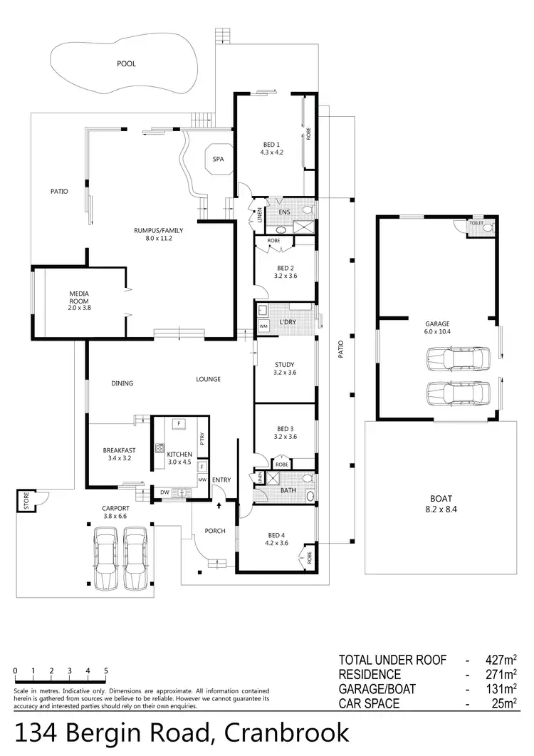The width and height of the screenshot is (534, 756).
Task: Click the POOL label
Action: tap(126, 63)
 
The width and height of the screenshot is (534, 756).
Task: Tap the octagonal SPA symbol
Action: tap(218, 160)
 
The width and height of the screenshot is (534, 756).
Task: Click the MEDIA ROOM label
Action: tap(78, 297)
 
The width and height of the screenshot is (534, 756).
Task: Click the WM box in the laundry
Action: tap(263, 326)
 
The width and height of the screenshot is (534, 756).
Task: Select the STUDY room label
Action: tap(285, 369)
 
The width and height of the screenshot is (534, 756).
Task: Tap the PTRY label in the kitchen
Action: tap(203, 440)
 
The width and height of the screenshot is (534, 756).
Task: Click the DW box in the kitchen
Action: tap(164, 492)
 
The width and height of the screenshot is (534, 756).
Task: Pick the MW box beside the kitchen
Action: tap(202, 480)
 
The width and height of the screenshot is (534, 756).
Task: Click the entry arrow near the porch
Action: tap(218, 505)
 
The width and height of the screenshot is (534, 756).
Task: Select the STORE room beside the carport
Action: tap(26, 501)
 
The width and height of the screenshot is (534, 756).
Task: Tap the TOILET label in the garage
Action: tap(476, 224)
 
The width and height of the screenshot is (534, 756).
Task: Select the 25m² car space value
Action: tap(501, 703)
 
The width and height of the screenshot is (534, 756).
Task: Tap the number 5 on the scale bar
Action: tap(105, 671)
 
